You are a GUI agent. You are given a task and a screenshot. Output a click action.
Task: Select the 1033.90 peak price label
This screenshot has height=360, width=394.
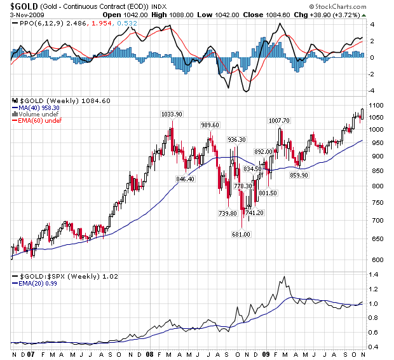(171, 114)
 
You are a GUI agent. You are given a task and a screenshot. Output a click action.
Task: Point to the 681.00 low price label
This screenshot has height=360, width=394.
(241, 234)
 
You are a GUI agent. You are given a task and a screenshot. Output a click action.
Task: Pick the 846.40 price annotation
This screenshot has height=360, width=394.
(185, 179)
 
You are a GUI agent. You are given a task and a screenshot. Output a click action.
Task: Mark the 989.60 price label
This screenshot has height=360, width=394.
(210, 125)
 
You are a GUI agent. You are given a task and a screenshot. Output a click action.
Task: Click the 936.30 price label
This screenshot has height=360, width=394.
(236, 139)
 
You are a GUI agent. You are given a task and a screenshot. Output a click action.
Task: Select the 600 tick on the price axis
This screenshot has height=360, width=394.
(375, 260)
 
